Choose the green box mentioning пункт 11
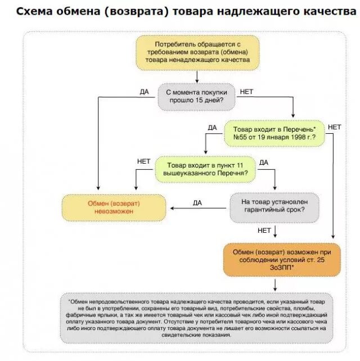coord(205,170)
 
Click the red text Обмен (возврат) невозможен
coord(114,207)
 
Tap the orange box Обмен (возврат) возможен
coord(281,259)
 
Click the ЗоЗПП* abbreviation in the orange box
coord(281,268)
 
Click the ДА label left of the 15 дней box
coord(145,92)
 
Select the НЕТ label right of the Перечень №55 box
coord(334,128)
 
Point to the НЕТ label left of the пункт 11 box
coord(143,161)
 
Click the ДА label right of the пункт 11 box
coord(264,162)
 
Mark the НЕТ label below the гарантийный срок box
coord(264,231)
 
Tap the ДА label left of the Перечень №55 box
coord(212,128)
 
